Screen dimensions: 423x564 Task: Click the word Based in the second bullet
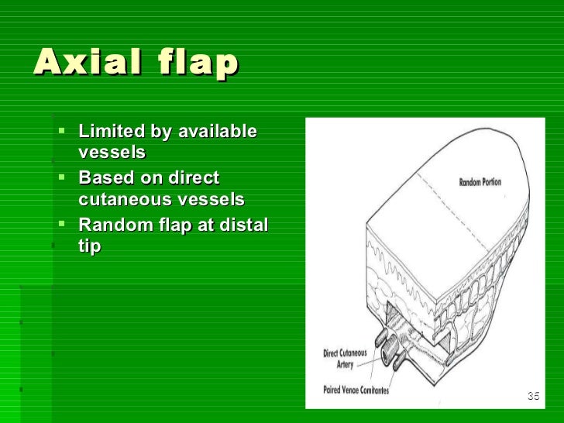[103, 178]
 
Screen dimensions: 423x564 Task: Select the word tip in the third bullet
[89, 246]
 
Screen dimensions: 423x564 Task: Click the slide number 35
[532, 397]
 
